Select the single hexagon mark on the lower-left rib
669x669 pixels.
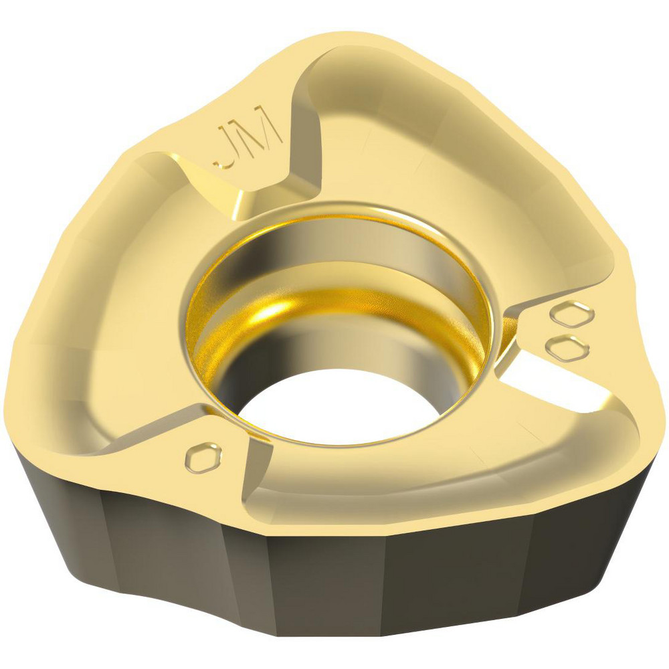tap(201, 457)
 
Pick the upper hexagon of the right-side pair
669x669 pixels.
tap(575, 314)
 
